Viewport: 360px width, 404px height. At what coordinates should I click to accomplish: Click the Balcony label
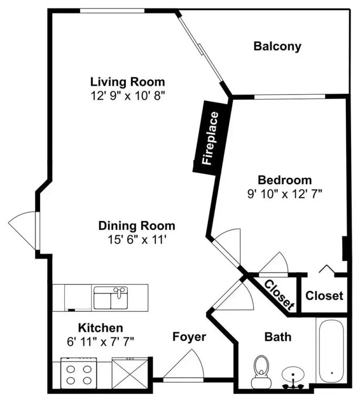pos(277,46)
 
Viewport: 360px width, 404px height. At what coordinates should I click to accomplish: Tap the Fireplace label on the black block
pos(211,138)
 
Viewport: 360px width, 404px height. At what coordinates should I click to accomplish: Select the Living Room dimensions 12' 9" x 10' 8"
pos(128,96)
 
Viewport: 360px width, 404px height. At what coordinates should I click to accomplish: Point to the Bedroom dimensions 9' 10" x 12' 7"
pos(285,194)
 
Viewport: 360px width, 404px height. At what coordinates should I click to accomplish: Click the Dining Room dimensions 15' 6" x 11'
pos(137,240)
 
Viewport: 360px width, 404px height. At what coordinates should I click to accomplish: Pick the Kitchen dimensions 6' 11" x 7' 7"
pos(101,342)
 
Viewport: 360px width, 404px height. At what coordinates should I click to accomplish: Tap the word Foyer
pos(189,337)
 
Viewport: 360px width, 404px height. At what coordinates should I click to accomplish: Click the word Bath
pos(278,337)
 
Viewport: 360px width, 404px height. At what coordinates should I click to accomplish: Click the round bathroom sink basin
pos(293,374)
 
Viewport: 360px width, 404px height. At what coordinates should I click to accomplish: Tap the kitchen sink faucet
pos(119,292)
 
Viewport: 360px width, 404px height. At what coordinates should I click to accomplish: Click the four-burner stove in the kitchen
pos(78,373)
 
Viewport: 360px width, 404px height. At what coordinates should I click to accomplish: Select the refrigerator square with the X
pos(130,373)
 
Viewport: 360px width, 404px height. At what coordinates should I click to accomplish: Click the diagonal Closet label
pos(279,295)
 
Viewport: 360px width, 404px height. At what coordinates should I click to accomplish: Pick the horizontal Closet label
pos(324,296)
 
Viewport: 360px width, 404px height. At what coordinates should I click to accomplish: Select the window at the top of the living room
pos(112,11)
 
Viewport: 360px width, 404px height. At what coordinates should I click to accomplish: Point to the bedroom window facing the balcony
pos(290,97)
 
